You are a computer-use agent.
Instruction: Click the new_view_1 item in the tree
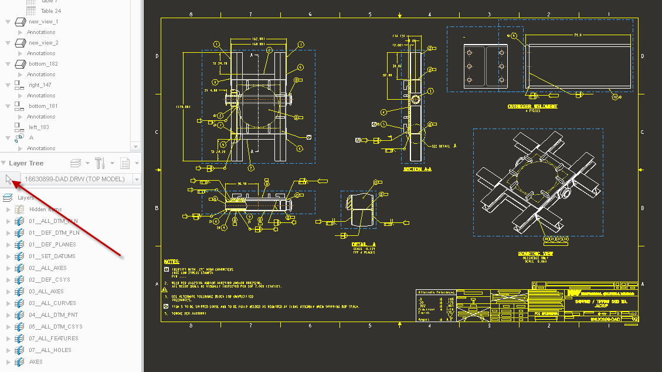pyautogui.click(x=43, y=22)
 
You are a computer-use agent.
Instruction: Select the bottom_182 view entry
pyautogui.click(x=43, y=64)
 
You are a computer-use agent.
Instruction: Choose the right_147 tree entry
pyautogui.click(x=40, y=85)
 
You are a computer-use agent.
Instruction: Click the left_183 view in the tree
pyautogui.click(x=39, y=127)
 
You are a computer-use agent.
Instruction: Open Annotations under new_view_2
pyautogui.click(x=41, y=53)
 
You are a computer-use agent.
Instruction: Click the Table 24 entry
pyautogui.click(x=50, y=11)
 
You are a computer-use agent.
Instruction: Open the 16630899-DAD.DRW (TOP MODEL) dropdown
pyautogui.click(x=80, y=179)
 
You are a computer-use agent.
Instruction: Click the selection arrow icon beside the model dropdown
pyautogui.click(x=9, y=179)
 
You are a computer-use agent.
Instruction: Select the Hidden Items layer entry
pyautogui.click(x=45, y=209)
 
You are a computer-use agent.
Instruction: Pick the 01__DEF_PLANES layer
pyautogui.click(x=52, y=245)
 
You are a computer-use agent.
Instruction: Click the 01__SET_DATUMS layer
pyautogui.click(x=52, y=256)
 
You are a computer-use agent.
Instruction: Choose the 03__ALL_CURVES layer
pyautogui.click(x=52, y=303)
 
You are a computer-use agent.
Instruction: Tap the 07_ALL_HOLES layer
pyautogui.click(x=50, y=350)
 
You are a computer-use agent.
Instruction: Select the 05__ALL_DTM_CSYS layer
pyautogui.click(x=56, y=327)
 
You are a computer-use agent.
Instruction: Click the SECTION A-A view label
pyautogui.click(x=417, y=169)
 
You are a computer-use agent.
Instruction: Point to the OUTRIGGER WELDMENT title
pyautogui.click(x=532, y=106)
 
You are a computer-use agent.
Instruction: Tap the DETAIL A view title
pyautogui.click(x=364, y=244)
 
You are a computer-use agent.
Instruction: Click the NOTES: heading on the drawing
pyautogui.click(x=171, y=261)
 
